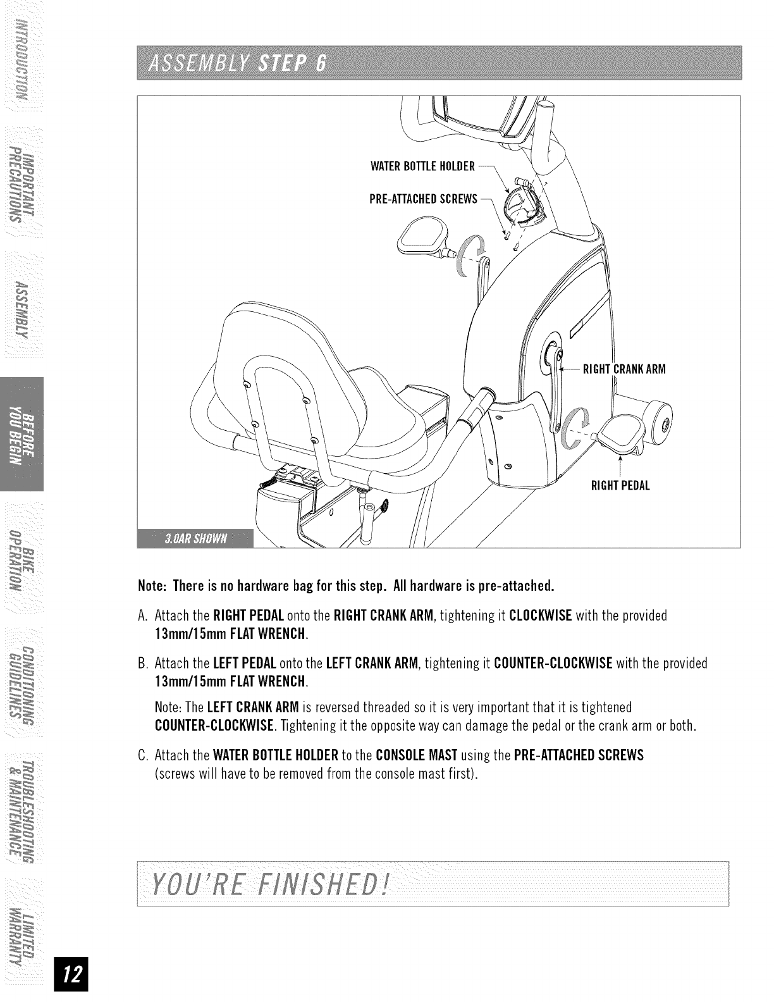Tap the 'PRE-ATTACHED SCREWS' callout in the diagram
click(x=422, y=200)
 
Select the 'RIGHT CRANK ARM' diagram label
click(x=623, y=369)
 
